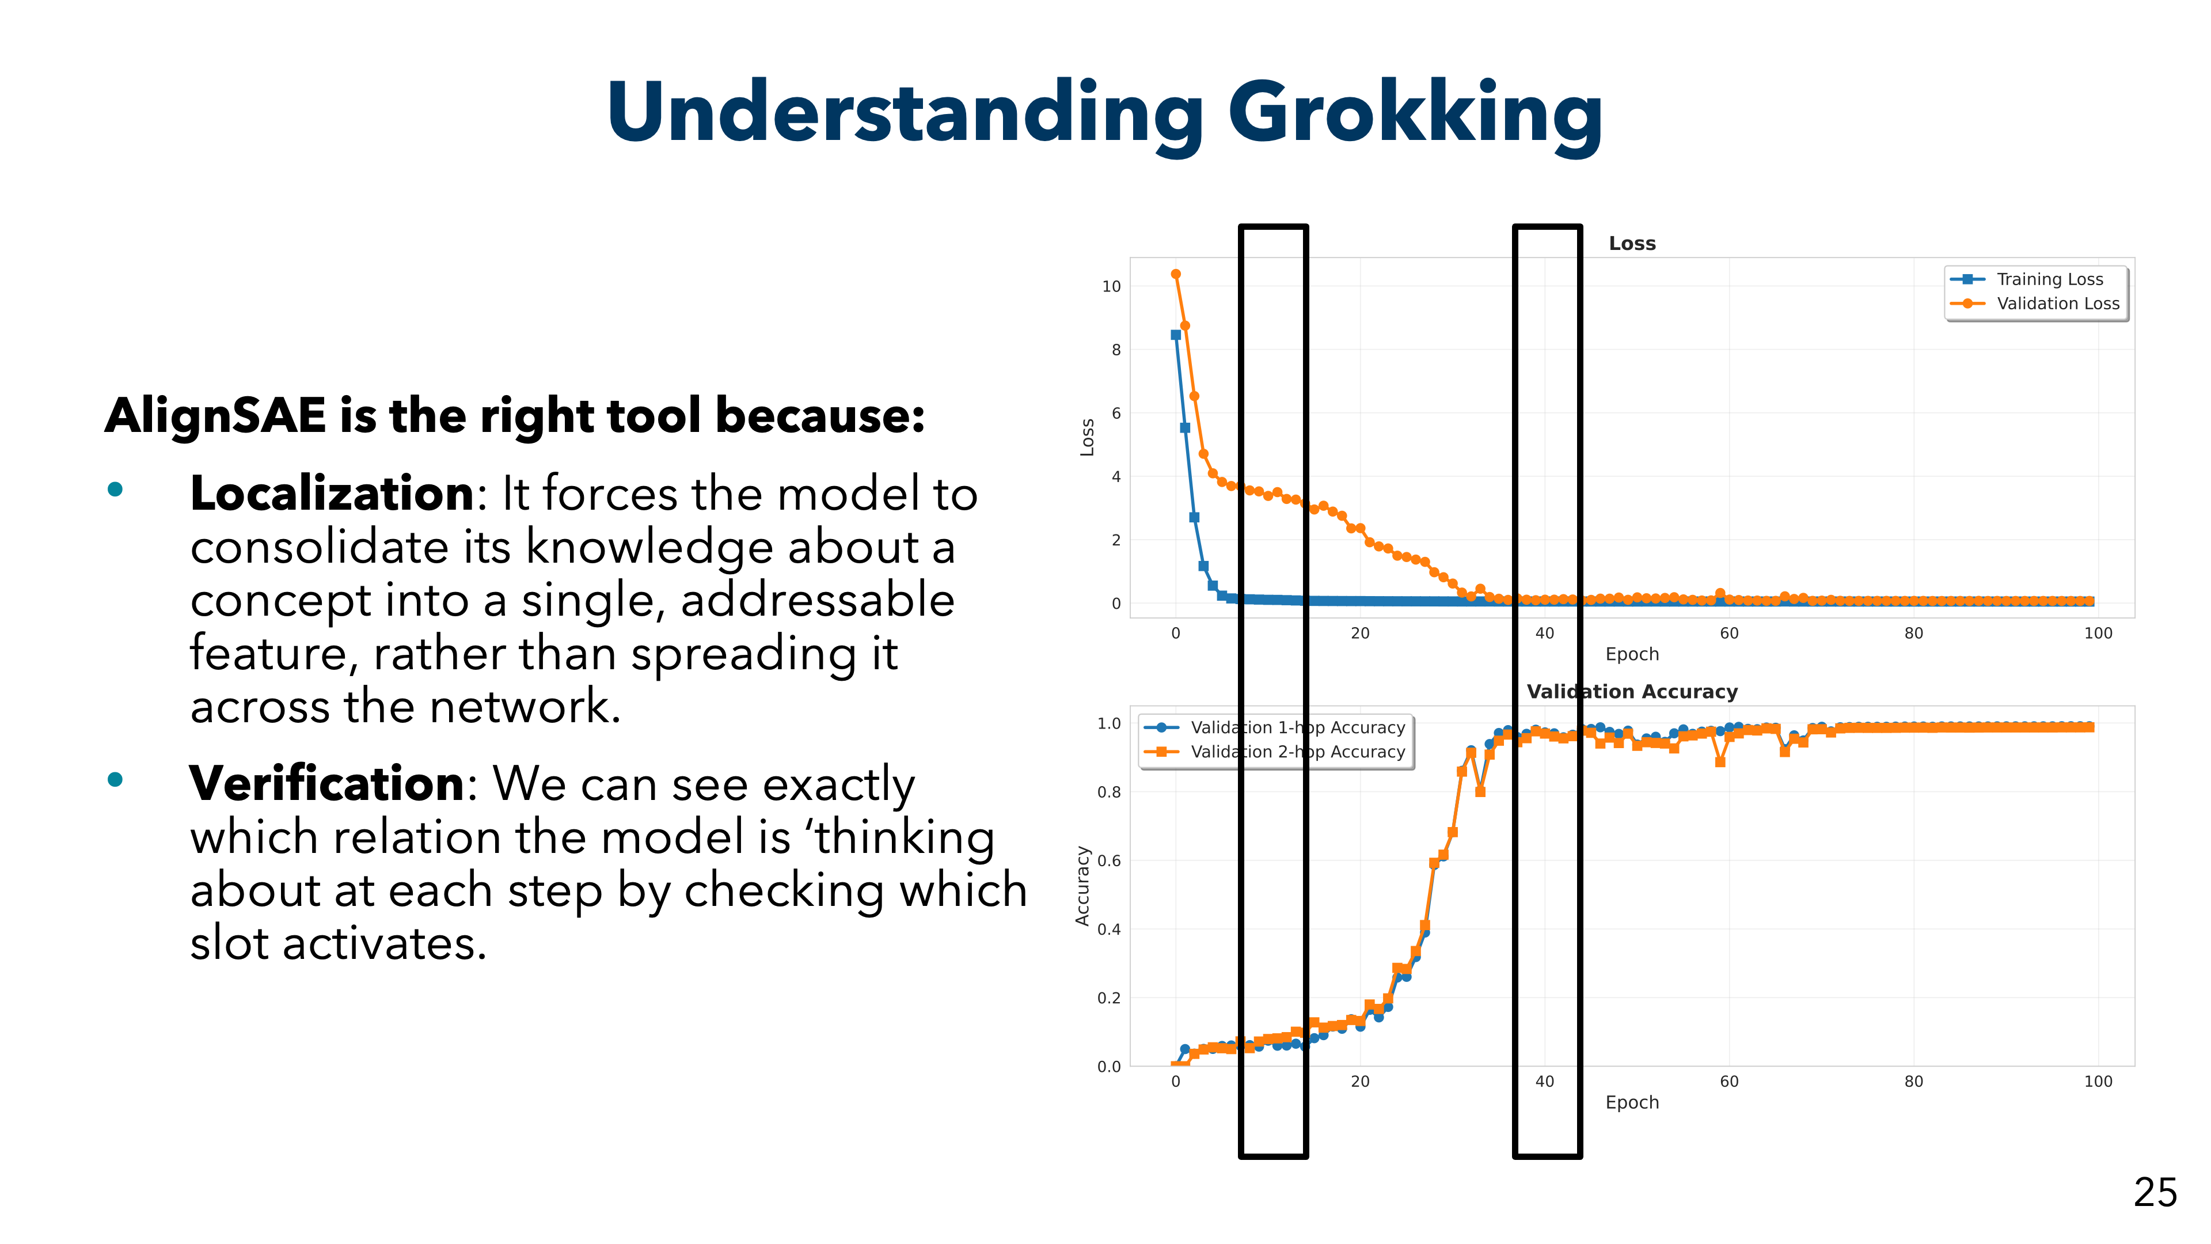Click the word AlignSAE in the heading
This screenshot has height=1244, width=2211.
click(215, 416)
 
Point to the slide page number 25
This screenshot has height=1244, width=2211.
click(2155, 1193)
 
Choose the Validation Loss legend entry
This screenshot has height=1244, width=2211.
click(2057, 304)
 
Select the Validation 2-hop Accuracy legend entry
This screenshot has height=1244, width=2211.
click(1297, 752)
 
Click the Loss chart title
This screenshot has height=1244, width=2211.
click(1632, 244)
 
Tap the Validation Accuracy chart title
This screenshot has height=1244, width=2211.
click(1632, 692)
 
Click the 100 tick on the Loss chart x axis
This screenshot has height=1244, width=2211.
click(2098, 634)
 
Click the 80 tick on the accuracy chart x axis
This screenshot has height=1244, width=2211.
click(1913, 1082)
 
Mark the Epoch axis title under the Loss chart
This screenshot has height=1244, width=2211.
click(1632, 654)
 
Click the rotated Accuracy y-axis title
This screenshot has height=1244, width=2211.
click(1082, 886)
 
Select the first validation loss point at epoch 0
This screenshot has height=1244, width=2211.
click(1176, 275)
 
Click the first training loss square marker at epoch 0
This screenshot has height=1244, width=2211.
click(1176, 335)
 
